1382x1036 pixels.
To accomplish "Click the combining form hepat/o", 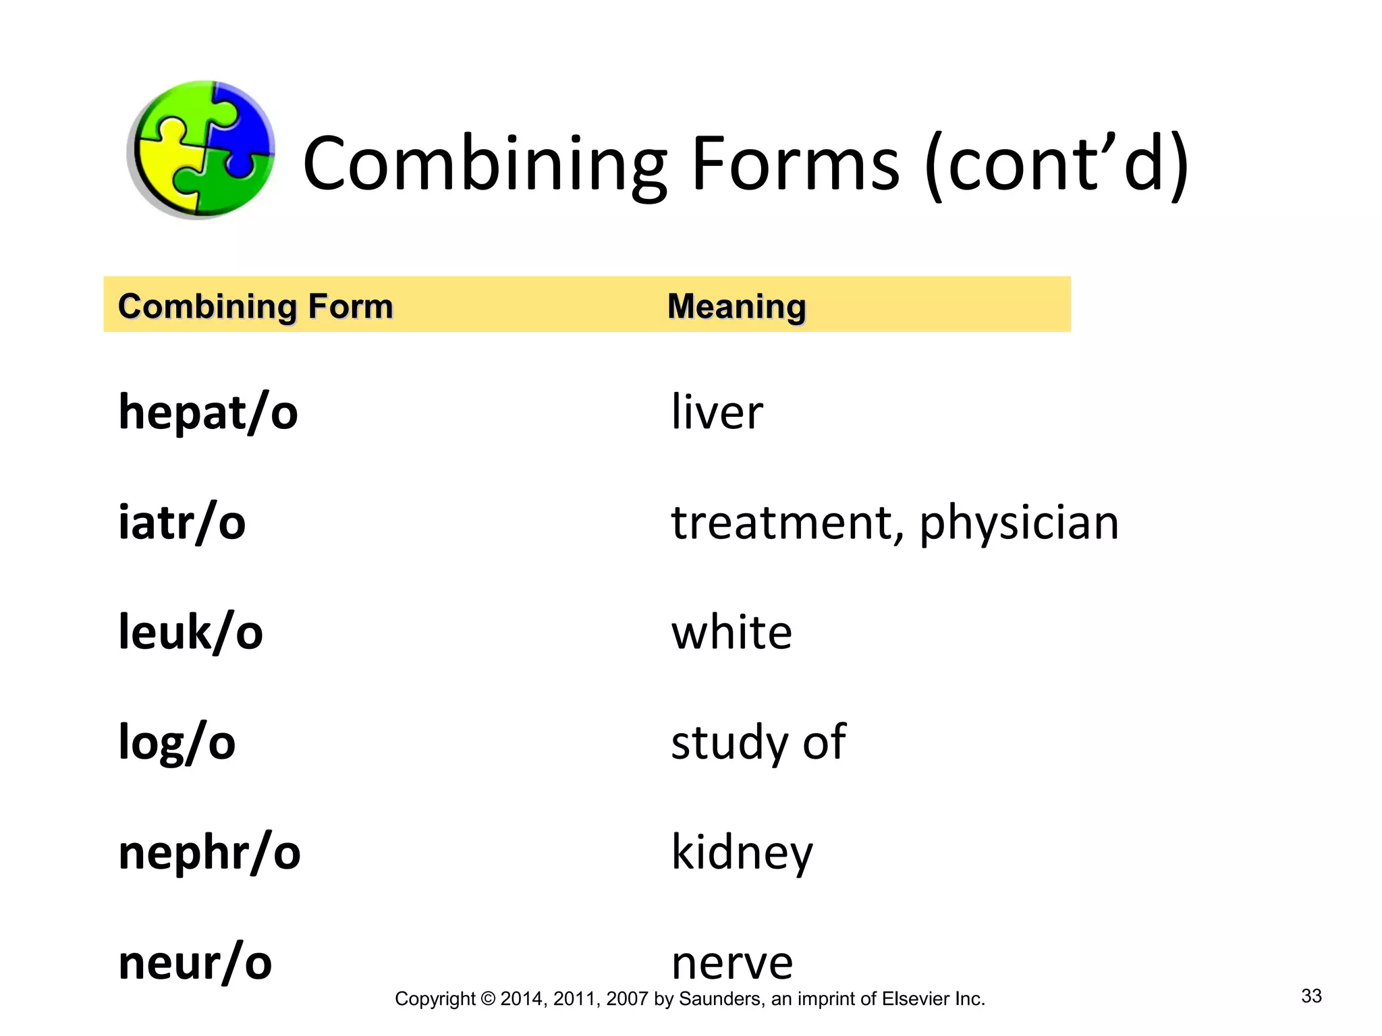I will point(208,412).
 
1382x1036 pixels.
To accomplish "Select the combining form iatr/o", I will point(182,522).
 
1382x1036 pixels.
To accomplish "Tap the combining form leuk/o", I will point(190,632).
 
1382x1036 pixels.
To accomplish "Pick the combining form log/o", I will point(177,742).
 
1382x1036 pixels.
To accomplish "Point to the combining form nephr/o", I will point(209,852).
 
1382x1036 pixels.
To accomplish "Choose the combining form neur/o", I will point(195,962).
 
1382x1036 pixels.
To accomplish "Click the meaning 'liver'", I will point(717,412).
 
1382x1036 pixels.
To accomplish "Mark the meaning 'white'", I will point(731,632).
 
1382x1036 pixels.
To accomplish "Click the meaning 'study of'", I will point(758,742).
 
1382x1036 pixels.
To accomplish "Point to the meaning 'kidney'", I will point(742,852).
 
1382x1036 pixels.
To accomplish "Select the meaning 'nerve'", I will point(732,963).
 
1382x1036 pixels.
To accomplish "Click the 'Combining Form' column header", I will point(255,306).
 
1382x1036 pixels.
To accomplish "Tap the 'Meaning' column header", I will point(736,306).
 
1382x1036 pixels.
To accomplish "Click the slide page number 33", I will point(1311,996).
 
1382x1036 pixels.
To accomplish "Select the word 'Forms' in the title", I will point(795,164).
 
